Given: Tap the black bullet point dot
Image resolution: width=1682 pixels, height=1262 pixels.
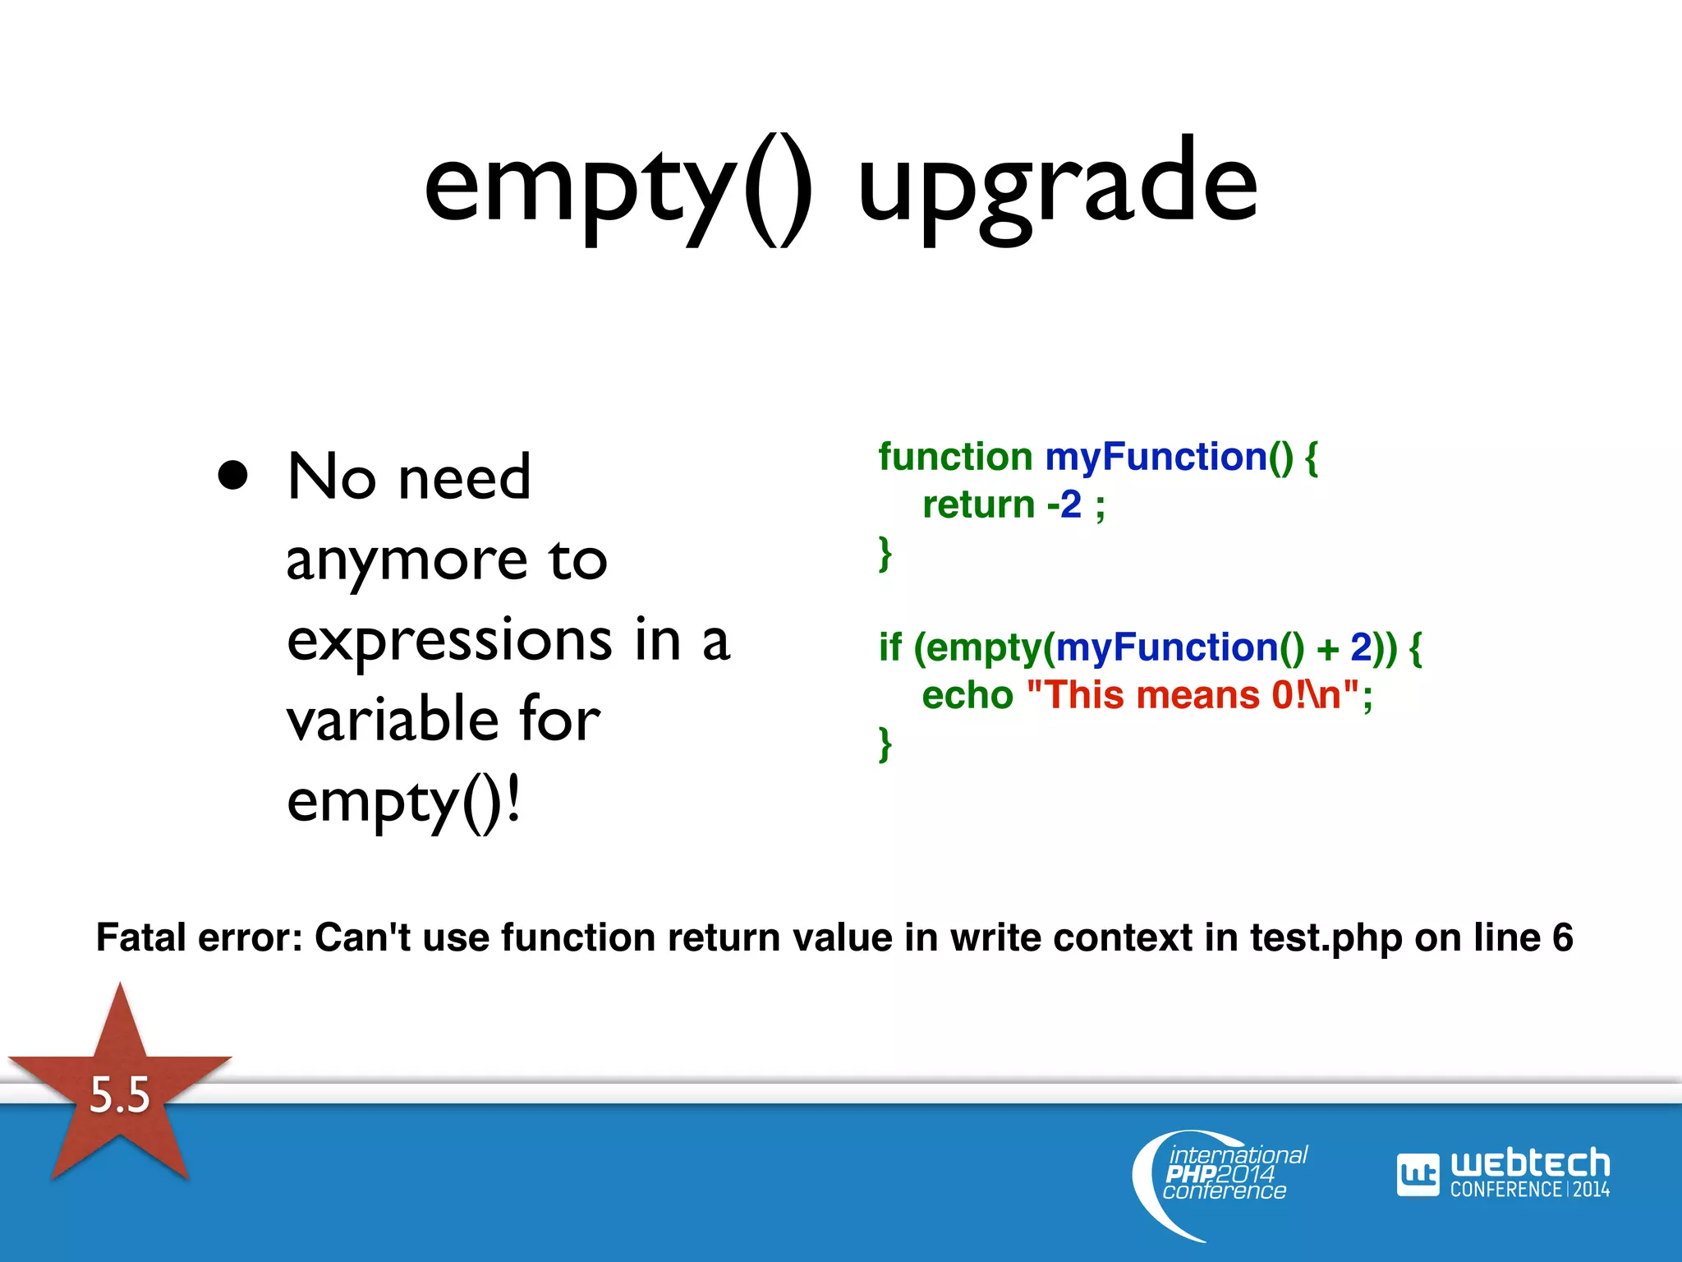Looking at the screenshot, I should coord(233,475).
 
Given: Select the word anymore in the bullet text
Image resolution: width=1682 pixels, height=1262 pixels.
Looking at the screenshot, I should coord(407,560).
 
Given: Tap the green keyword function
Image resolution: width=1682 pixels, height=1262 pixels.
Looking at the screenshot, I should coord(955,457).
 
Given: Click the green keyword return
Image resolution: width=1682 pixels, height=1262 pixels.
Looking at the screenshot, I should coord(978,504).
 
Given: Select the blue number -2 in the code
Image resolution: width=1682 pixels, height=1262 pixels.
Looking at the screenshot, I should coord(1064,504).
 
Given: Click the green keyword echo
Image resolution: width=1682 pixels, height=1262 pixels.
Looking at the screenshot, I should coord(967,695).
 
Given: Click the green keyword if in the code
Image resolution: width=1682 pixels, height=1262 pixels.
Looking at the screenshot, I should coord(889,647).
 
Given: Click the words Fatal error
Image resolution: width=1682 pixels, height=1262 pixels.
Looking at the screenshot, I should coord(200,937).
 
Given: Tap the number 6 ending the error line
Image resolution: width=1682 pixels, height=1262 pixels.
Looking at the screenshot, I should coord(1562,937).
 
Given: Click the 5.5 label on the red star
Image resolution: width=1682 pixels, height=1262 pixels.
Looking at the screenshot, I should coord(120,1094).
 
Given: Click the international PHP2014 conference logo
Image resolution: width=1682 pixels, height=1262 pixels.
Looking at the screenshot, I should coord(1224,1175).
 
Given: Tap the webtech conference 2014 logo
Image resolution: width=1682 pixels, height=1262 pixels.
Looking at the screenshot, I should coord(1503,1173).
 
